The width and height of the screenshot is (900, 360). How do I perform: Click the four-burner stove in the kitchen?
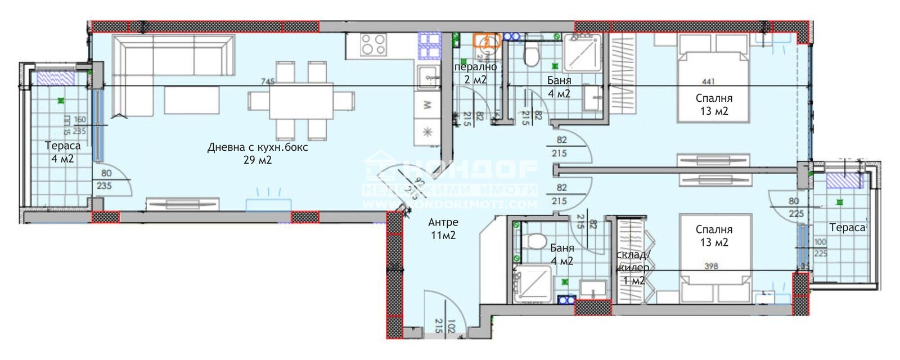pyautogui.click(x=373, y=44)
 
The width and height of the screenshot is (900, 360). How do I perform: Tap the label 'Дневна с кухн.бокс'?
pyautogui.click(x=258, y=147)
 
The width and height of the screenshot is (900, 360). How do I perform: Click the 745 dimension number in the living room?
pyautogui.click(x=268, y=82)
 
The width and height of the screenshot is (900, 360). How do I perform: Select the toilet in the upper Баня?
pyautogui.click(x=530, y=55)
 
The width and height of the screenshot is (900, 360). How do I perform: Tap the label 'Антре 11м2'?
pyautogui.click(x=443, y=229)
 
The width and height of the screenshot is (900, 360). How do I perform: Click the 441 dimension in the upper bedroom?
pyautogui.click(x=708, y=82)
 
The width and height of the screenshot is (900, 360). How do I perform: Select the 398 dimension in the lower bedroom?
pyautogui.click(x=711, y=266)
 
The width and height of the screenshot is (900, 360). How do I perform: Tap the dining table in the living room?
pyautogui.click(x=301, y=101)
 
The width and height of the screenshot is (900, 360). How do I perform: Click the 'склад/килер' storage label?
pyautogui.click(x=633, y=261)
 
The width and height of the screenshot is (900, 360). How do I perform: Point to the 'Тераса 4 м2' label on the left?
pyautogui.click(x=62, y=152)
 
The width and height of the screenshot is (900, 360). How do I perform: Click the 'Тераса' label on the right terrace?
pyautogui.click(x=847, y=227)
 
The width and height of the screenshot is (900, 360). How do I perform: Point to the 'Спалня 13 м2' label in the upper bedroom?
pyautogui.click(x=714, y=104)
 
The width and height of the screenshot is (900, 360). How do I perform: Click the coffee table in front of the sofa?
pyautogui.click(x=192, y=100)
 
